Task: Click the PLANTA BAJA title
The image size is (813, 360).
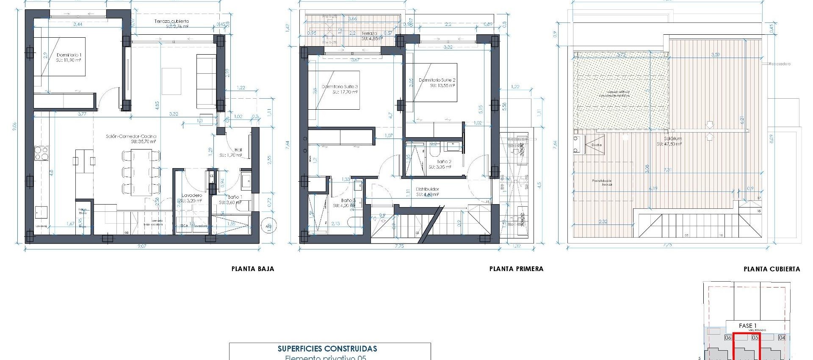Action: pyautogui.click(x=252, y=269)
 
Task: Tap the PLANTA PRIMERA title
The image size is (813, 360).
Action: pyautogui.click(x=516, y=269)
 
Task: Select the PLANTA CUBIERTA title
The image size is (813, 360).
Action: pyautogui.click(x=772, y=269)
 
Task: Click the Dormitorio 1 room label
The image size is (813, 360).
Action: pyautogui.click(x=69, y=55)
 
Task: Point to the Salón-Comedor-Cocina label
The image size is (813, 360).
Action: pyautogui.click(x=131, y=136)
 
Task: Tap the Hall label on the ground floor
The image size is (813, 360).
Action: pyautogui.click(x=238, y=150)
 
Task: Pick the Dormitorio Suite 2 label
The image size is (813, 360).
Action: pyautogui.click(x=437, y=80)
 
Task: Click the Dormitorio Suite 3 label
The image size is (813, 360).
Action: pyautogui.click(x=340, y=86)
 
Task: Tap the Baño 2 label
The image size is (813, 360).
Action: pyautogui.click(x=444, y=162)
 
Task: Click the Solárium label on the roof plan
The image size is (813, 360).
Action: pyautogui.click(x=672, y=138)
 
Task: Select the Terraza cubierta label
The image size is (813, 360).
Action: pyautogui.click(x=171, y=21)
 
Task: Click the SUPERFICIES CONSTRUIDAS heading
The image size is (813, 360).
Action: pyautogui.click(x=327, y=349)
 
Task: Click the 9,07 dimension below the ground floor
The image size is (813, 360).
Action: pyautogui.click(x=141, y=246)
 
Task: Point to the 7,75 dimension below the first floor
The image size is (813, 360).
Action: pyautogui.click(x=398, y=246)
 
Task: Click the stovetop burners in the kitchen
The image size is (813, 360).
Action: pyautogui.click(x=41, y=153)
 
